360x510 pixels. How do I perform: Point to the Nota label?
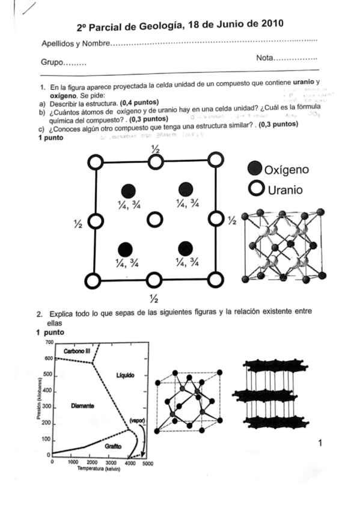point(264,58)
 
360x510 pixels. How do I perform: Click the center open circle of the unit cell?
point(155,220)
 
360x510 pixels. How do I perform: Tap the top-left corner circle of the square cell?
point(94,161)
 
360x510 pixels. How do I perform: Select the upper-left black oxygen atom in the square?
point(126,189)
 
